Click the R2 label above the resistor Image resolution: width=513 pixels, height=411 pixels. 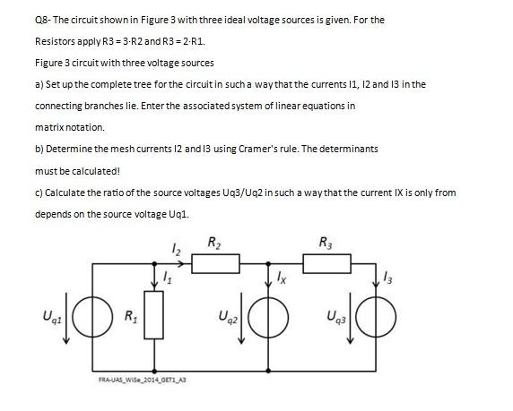pos(216,242)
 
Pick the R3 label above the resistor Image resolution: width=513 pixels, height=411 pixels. pos(326,242)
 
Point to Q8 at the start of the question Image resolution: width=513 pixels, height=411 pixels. pos(42,20)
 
